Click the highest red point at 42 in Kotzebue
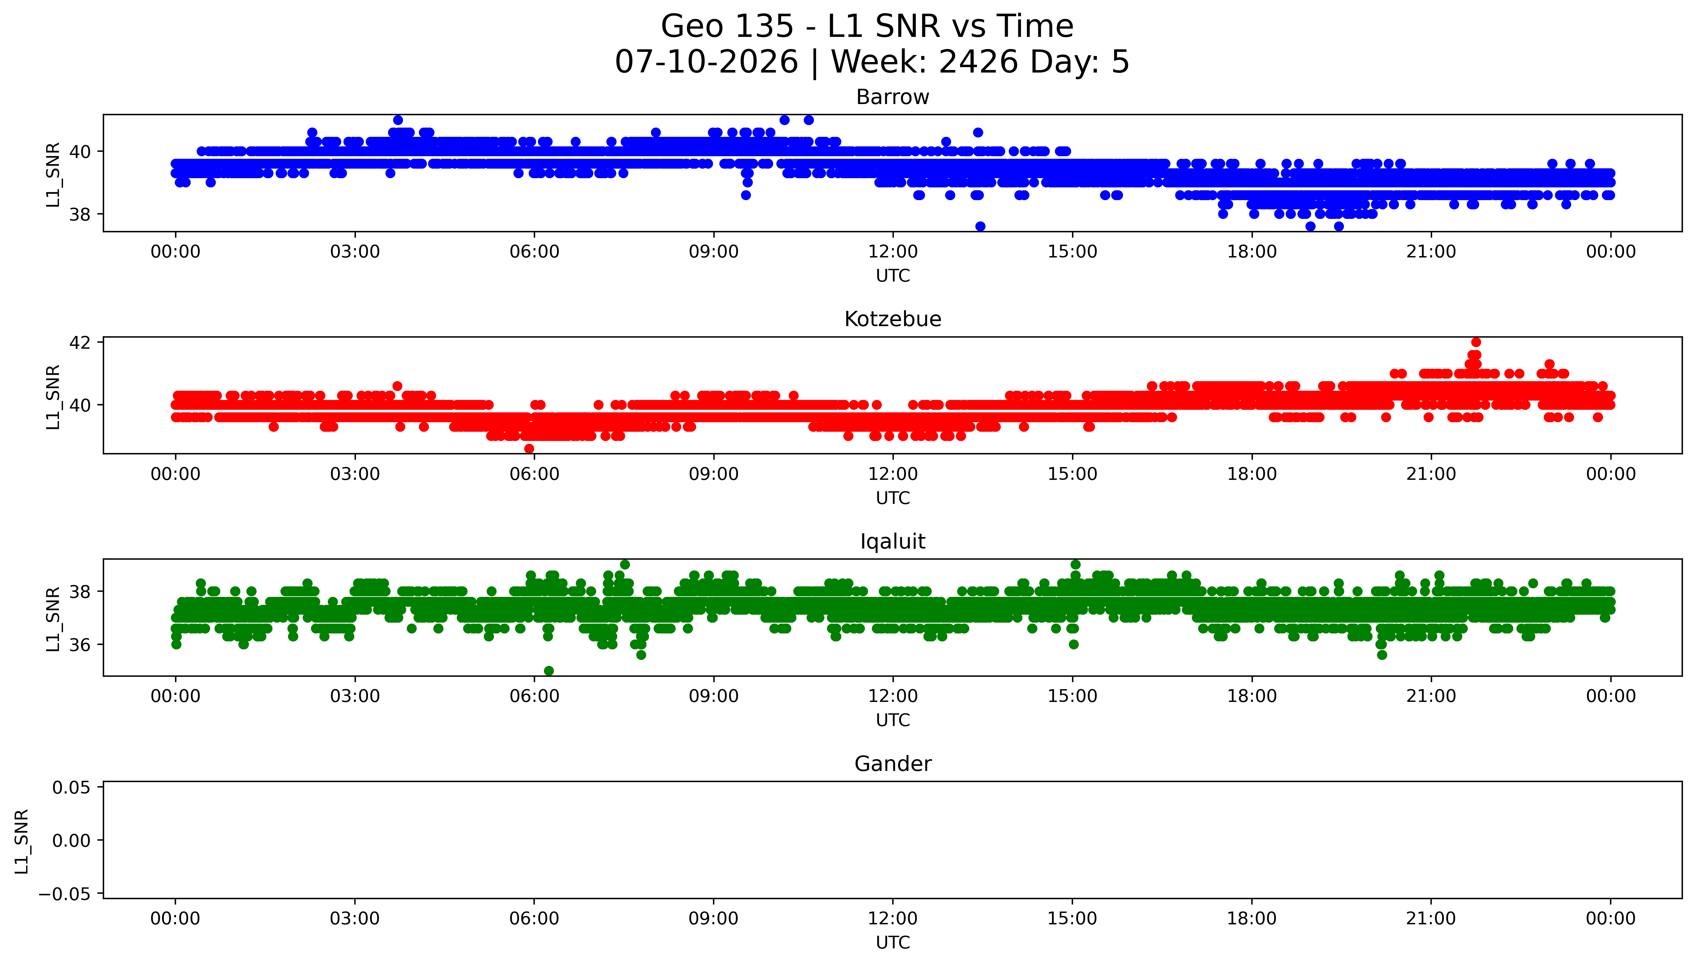click(1476, 342)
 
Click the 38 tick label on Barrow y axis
click(80, 215)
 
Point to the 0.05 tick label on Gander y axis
click(72, 787)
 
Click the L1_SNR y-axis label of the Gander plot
click(22, 841)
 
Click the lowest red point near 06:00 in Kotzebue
click(529, 449)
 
